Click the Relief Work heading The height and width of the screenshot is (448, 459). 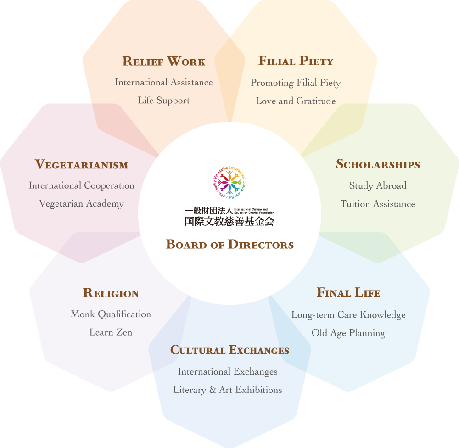point(163,61)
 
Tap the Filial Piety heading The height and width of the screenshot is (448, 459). point(296,61)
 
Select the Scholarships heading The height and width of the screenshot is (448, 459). point(378,164)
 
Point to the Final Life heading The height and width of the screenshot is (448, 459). point(348,292)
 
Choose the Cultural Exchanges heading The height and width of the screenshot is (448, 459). point(229,350)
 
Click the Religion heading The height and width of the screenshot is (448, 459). point(111,293)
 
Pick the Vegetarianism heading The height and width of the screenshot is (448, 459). point(81,164)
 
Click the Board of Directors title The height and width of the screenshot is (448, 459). point(229,244)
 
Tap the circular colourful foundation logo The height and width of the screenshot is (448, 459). point(229,182)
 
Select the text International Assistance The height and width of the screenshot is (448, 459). point(164,83)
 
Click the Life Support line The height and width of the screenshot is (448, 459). point(164,101)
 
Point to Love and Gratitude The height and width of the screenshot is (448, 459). point(296,101)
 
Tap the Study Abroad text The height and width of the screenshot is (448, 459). point(378,186)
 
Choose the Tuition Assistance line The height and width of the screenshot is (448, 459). point(378,204)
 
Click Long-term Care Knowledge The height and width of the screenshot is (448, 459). point(348,314)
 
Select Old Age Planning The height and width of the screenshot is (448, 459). point(348,333)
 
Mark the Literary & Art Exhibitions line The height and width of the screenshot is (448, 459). point(228,390)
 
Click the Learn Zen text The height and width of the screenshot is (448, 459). point(111,332)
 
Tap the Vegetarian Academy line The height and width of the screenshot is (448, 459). point(81,204)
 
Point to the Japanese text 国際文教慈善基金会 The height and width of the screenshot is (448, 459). point(229,221)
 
